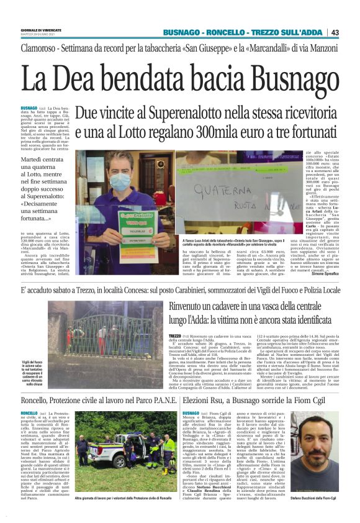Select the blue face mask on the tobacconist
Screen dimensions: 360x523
(121, 181)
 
